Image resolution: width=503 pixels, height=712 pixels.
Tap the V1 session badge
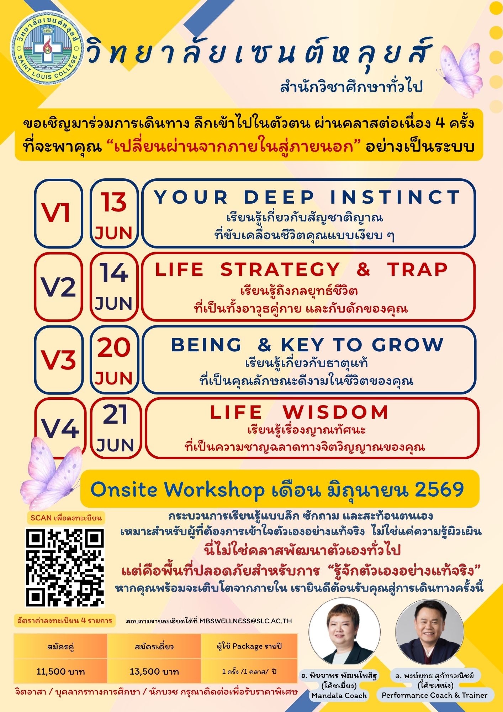tap(59, 213)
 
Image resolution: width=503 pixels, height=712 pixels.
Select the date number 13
tap(113, 202)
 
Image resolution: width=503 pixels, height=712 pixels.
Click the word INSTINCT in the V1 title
tap(395, 197)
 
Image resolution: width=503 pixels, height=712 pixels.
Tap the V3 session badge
tap(59, 359)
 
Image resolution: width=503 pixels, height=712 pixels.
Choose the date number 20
tap(114, 347)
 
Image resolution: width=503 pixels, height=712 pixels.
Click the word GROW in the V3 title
tap(408, 345)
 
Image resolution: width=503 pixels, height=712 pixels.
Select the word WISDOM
tap(335, 412)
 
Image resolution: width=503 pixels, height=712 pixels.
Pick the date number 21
tap(115, 414)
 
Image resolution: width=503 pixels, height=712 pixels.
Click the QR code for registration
tap(65, 567)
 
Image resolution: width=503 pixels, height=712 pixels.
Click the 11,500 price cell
tap(60, 671)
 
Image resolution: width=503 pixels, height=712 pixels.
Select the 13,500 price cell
tap(154, 671)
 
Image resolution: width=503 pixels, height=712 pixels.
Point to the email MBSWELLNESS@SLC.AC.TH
tap(245, 621)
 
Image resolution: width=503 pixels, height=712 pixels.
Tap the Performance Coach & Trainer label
tap(434, 695)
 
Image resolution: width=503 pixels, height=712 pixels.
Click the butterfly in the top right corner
tap(460, 70)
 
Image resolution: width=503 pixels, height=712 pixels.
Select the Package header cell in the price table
tap(249, 646)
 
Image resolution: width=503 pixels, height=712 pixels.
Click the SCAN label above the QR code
tap(66, 518)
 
